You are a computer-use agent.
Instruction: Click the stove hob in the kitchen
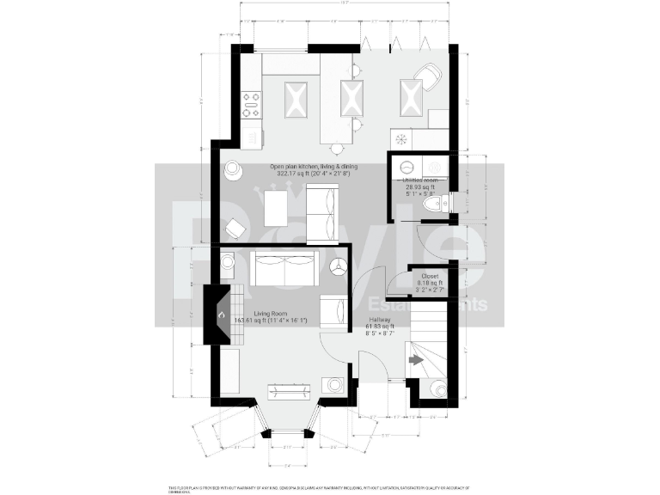pos(251,105)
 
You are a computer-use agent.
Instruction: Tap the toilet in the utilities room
pos(436,204)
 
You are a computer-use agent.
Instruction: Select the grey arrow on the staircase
pos(416,361)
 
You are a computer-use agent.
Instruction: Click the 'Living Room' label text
pos(271,315)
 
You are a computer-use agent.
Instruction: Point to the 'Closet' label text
pos(430,276)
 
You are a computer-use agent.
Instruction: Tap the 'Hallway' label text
pos(380,320)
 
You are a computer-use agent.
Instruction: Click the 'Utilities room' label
pos(420,180)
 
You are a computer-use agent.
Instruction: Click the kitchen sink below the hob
pos(252,136)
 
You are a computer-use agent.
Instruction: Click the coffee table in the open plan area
pos(276,207)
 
